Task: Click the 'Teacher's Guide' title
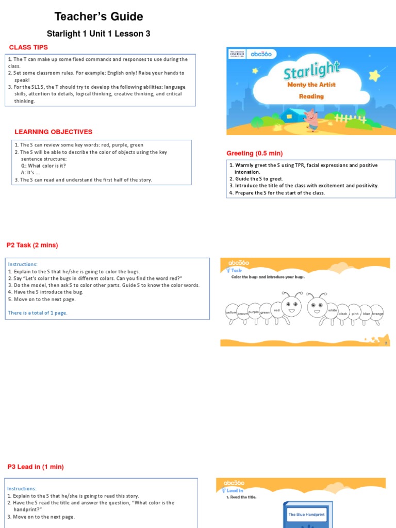click(x=98, y=16)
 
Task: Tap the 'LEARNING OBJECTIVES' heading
click(x=54, y=132)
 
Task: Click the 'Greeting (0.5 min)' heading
click(x=255, y=153)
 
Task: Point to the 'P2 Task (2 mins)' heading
click(x=32, y=245)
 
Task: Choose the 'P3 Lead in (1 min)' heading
click(x=36, y=467)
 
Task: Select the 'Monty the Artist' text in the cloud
click(x=311, y=85)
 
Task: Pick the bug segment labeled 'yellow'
click(x=231, y=312)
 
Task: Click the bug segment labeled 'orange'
click(x=377, y=313)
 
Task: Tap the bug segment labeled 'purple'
click(x=254, y=312)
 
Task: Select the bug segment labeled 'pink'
click(x=355, y=313)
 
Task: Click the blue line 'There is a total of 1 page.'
click(x=38, y=312)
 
